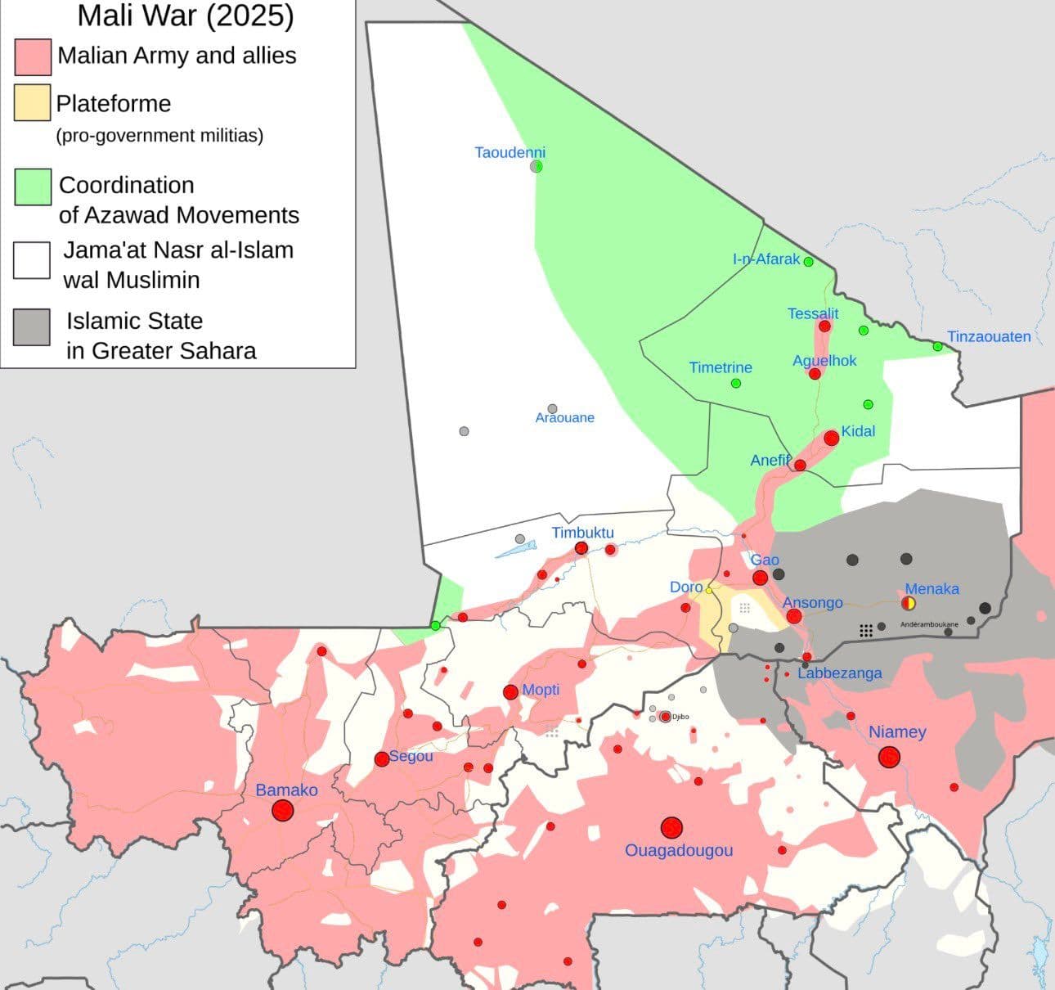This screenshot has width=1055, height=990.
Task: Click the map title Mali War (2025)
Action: (x=186, y=16)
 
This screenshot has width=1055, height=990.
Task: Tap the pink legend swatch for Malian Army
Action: (x=33, y=56)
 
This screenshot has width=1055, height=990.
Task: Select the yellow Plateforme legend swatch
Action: (x=32, y=103)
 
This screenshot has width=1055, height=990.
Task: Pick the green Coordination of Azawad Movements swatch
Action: (x=33, y=187)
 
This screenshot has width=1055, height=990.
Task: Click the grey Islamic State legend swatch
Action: (x=31, y=326)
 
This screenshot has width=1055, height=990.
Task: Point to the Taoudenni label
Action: (x=510, y=152)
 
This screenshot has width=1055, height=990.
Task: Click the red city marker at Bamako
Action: (x=283, y=811)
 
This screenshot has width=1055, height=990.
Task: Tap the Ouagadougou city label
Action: (x=679, y=850)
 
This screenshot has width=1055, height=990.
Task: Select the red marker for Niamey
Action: (x=889, y=758)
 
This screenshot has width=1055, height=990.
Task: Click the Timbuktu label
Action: (x=582, y=533)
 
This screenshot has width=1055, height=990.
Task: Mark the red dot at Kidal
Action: (x=831, y=438)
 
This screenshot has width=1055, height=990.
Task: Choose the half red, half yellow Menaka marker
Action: (x=909, y=604)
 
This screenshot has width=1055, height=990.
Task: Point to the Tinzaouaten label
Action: (x=989, y=336)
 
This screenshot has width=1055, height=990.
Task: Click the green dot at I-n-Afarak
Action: (x=808, y=262)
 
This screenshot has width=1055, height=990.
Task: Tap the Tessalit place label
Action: (x=813, y=313)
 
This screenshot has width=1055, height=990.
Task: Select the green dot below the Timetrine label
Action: (x=735, y=383)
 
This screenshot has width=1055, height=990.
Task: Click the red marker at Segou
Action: (x=381, y=759)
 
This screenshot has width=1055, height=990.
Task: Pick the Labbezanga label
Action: (x=840, y=673)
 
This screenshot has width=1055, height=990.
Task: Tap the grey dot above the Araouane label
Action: (x=552, y=408)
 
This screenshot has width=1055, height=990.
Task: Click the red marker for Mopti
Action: (x=510, y=692)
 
